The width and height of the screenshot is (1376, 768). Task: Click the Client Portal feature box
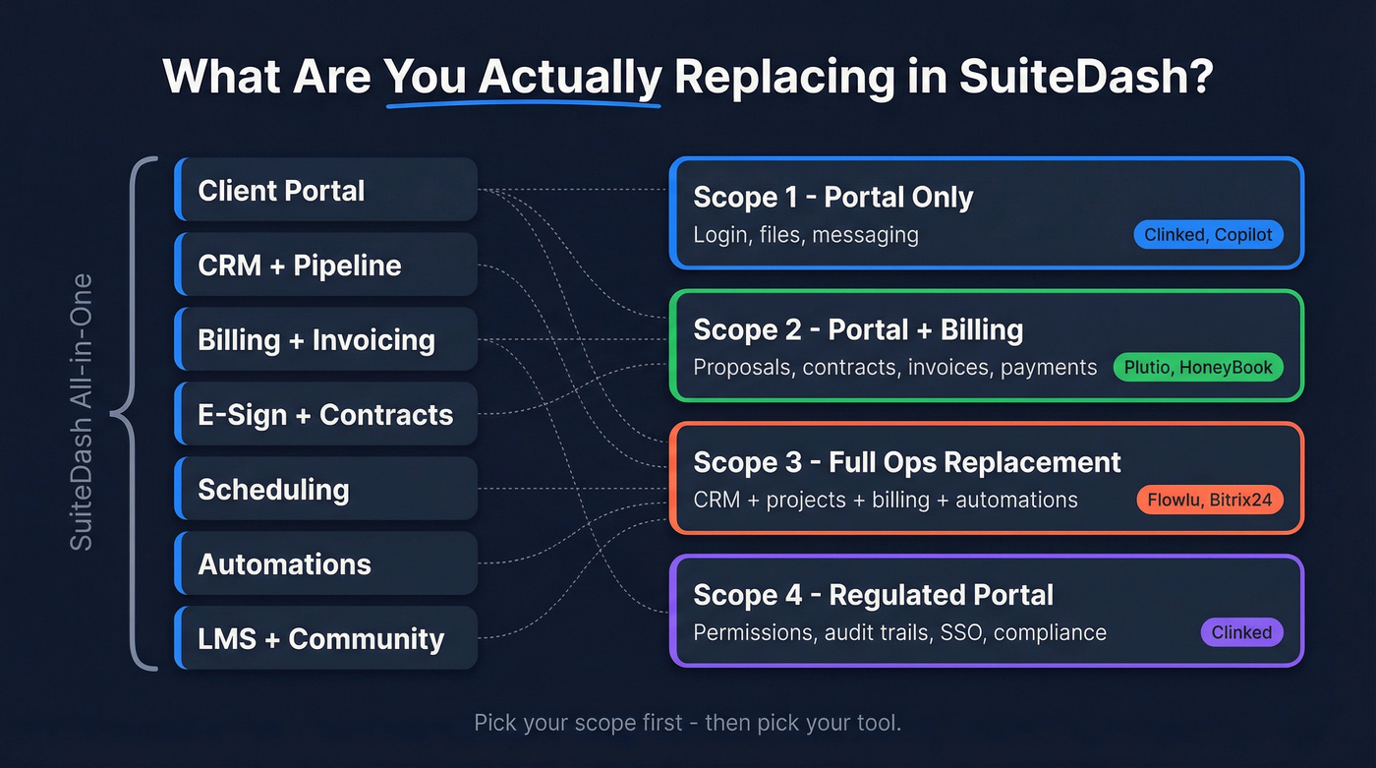(325, 190)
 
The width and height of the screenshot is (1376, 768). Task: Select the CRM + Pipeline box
(325, 265)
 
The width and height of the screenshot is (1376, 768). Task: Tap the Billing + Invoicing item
(325, 339)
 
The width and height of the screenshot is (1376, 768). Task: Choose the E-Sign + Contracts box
(325, 414)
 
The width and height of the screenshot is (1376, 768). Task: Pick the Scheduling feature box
(325, 489)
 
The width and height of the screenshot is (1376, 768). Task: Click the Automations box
(325, 563)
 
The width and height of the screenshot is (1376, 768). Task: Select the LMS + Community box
(325, 638)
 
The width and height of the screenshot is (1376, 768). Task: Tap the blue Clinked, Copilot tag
(1208, 235)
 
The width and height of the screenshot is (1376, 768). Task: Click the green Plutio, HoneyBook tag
(1198, 368)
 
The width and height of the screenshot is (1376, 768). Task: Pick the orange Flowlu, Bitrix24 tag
(1209, 500)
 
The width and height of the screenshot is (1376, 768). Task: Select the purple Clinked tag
(1241, 632)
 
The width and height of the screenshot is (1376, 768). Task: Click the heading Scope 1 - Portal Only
(832, 197)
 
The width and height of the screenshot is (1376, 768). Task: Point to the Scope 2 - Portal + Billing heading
(858, 329)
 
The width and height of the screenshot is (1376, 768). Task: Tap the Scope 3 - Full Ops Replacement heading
(906, 462)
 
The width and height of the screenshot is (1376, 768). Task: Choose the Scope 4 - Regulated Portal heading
(873, 595)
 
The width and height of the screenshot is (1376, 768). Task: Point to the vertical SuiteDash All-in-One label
(82, 412)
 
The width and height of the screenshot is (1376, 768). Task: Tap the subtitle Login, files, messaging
(806, 235)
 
